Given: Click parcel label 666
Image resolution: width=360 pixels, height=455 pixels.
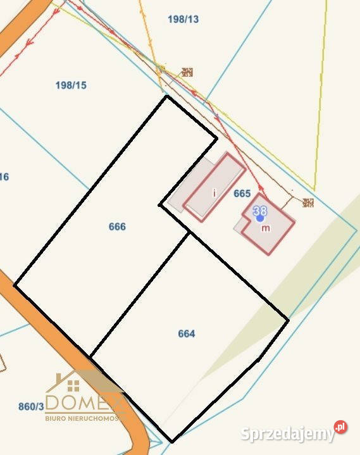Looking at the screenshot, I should coord(117,227).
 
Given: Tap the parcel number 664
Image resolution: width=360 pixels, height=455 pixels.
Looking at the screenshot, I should coord(186,333).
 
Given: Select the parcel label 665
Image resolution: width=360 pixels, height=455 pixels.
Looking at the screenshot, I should coord(242,194).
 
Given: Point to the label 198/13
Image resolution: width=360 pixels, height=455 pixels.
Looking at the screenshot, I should coord(183,19).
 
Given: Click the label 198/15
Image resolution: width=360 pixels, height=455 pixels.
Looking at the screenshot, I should coord(71,85).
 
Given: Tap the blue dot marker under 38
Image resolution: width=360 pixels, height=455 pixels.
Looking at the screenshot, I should coord(259,218).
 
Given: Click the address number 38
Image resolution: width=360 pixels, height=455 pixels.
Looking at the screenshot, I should coord(259,210).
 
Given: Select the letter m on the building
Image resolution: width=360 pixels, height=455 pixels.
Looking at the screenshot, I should coord(266,228).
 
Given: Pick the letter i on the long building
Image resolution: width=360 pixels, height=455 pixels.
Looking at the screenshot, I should coord(214,192).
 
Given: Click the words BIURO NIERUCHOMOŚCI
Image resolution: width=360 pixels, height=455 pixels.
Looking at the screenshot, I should coord(82,418).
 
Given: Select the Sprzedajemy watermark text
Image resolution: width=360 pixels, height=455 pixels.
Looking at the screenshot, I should coord(288,434).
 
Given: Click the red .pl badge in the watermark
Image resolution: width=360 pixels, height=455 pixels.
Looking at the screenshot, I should coord(341,427).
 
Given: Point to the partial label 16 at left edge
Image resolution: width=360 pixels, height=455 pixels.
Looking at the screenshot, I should coord(4,177).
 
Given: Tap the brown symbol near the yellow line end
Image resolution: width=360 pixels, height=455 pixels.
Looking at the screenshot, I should coord(308,203).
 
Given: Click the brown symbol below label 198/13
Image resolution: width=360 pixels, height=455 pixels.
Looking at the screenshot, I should coord(187,72).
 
